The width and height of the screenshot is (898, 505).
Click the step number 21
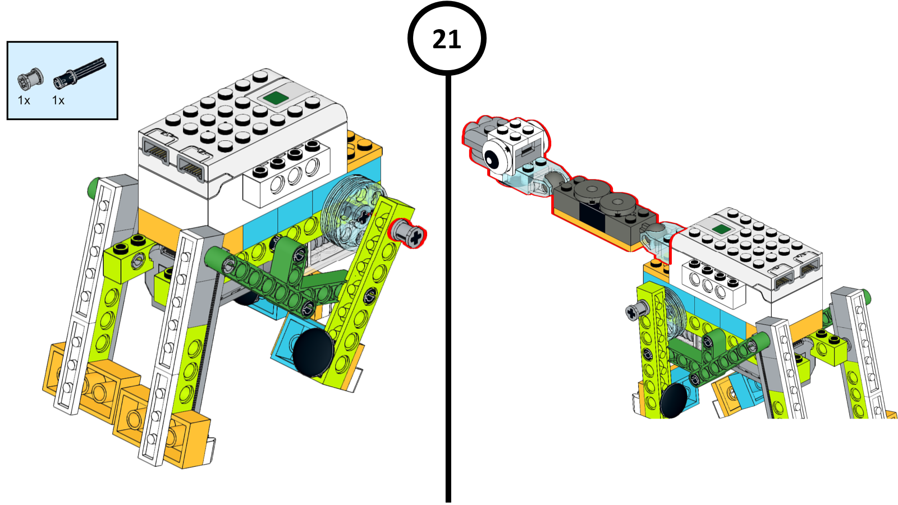(x=447, y=39)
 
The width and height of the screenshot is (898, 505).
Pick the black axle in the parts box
(x=80, y=73)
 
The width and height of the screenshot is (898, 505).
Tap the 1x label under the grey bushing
(x=24, y=100)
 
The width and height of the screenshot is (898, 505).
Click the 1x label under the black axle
(x=58, y=100)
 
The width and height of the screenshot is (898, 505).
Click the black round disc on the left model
(x=312, y=352)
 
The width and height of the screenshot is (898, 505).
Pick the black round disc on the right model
(x=674, y=400)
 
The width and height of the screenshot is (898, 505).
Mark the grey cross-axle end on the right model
(x=634, y=310)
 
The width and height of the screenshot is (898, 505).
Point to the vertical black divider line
(x=448, y=292)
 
